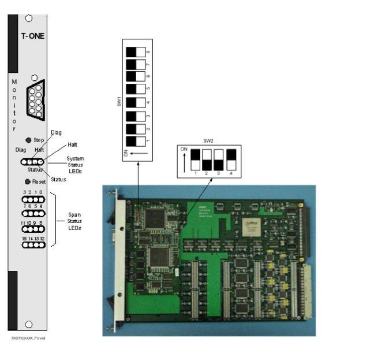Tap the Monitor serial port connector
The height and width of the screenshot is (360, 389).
click(x=35, y=100)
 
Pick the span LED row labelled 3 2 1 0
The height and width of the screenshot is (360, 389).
click(x=32, y=199)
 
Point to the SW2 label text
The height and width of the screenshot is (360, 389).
click(x=208, y=140)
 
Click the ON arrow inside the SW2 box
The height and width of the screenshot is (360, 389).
click(x=184, y=157)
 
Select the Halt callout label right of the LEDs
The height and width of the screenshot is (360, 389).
click(x=73, y=144)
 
